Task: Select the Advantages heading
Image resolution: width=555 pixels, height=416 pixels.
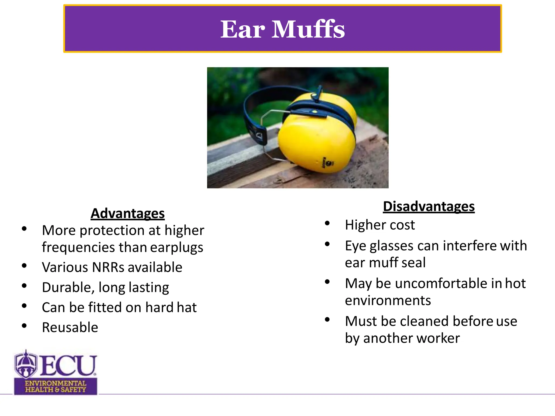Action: (x=128, y=213)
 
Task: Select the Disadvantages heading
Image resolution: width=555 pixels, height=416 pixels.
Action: (x=429, y=206)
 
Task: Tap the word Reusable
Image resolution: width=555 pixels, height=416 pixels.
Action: (x=70, y=327)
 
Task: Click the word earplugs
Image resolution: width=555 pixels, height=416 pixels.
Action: (x=176, y=248)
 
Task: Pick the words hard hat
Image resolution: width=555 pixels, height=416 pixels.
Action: (x=171, y=307)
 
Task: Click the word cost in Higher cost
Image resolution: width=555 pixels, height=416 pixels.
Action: (x=402, y=225)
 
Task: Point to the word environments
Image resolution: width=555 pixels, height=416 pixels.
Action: (x=388, y=301)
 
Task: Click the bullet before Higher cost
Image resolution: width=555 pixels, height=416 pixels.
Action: (x=327, y=223)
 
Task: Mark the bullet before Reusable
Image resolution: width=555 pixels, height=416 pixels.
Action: (x=24, y=326)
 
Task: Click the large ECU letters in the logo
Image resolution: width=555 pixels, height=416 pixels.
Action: (x=68, y=365)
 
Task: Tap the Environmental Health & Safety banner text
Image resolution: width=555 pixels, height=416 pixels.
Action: (x=56, y=386)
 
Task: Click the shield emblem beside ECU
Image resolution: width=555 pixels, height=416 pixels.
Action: (x=26, y=364)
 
